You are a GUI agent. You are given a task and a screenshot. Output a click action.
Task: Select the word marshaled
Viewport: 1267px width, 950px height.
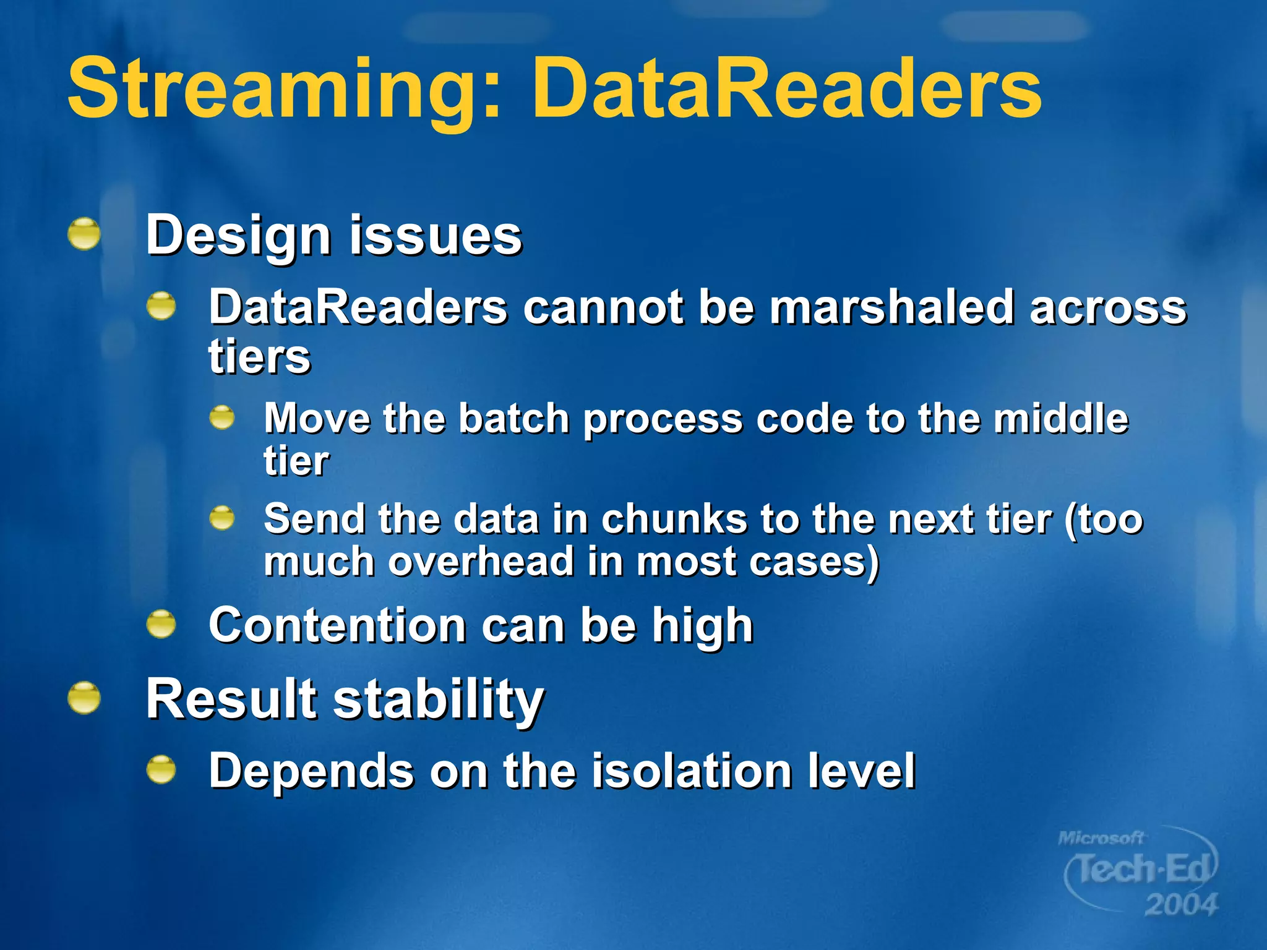pos(891,307)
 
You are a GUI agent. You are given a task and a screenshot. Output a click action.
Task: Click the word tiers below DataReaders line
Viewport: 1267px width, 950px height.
pos(259,357)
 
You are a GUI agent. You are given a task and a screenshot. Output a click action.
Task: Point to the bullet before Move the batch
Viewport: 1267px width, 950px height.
pos(221,419)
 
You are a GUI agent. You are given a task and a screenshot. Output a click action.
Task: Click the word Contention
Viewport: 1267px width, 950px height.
pos(337,625)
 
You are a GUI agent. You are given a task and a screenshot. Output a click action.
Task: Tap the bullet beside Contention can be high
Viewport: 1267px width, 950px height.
pos(161,624)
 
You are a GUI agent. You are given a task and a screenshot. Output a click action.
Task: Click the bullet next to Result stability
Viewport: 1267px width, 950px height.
pos(84,698)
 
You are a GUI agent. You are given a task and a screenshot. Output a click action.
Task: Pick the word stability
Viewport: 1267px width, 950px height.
pos(439,700)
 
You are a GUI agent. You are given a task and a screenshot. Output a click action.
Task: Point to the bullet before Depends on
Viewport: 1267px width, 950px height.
pos(161,770)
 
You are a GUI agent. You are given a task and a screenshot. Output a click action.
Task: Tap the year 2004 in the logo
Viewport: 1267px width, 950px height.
pos(1180,905)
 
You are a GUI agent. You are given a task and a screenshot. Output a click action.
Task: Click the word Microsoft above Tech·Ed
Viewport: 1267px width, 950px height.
pos(1101,838)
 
